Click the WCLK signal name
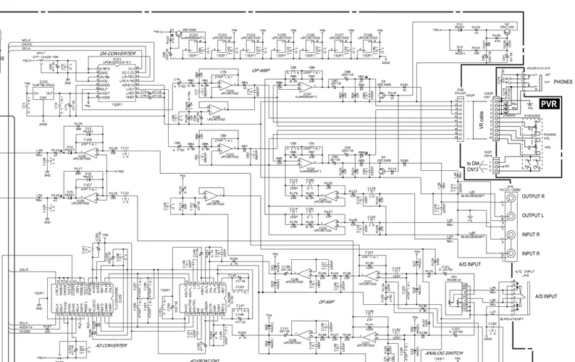(x=28, y=39)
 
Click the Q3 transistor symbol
(x=383, y=92)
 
